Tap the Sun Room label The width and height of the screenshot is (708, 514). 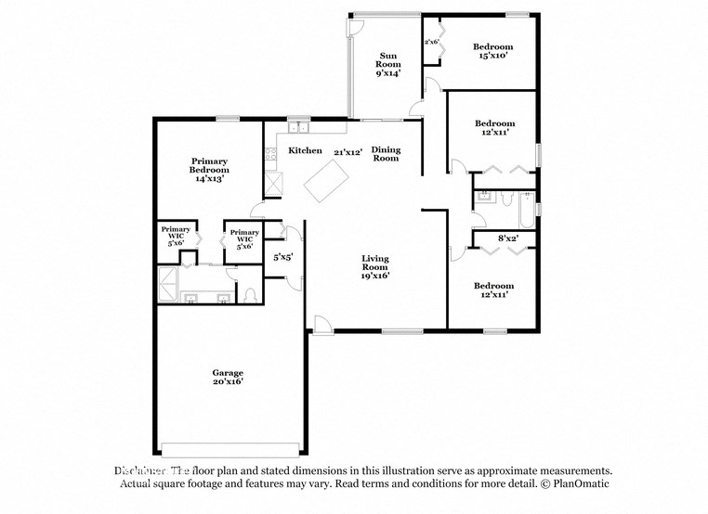388,63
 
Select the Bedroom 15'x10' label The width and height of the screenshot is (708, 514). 492,52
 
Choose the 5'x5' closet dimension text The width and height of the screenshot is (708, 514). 283,257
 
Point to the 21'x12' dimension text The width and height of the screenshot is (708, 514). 348,151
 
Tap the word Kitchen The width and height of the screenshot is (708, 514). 305,150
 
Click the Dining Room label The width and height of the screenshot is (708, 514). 386,154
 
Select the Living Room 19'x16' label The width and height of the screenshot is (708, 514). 375,266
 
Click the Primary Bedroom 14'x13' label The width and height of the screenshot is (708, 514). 209,169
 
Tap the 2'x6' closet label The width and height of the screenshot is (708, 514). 432,42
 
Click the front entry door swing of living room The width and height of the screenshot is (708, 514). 320,324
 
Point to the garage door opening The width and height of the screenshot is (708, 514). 230,444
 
